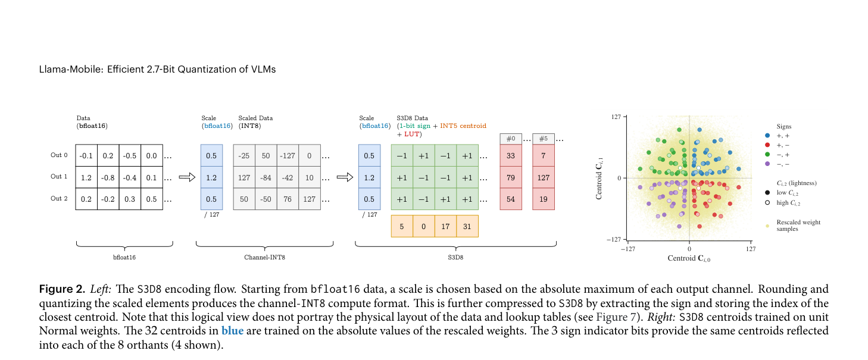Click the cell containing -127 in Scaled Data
point(288,155)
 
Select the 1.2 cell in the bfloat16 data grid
point(86,177)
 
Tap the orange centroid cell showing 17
point(445,226)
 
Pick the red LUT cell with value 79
point(511,177)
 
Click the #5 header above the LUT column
point(544,139)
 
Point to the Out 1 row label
point(59,177)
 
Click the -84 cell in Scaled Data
point(266,177)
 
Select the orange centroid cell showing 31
point(467,226)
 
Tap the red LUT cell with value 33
point(511,155)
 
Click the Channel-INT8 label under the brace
point(265,257)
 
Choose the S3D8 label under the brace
point(455,257)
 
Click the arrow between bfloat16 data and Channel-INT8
point(187,177)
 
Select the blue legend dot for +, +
point(767,136)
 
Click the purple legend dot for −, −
point(767,164)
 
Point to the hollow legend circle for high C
point(767,203)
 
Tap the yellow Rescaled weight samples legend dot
point(767,226)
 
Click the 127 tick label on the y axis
point(616,117)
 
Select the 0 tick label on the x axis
point(689,249)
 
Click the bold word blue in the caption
point(233,331)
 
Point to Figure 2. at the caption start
point(62,289)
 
